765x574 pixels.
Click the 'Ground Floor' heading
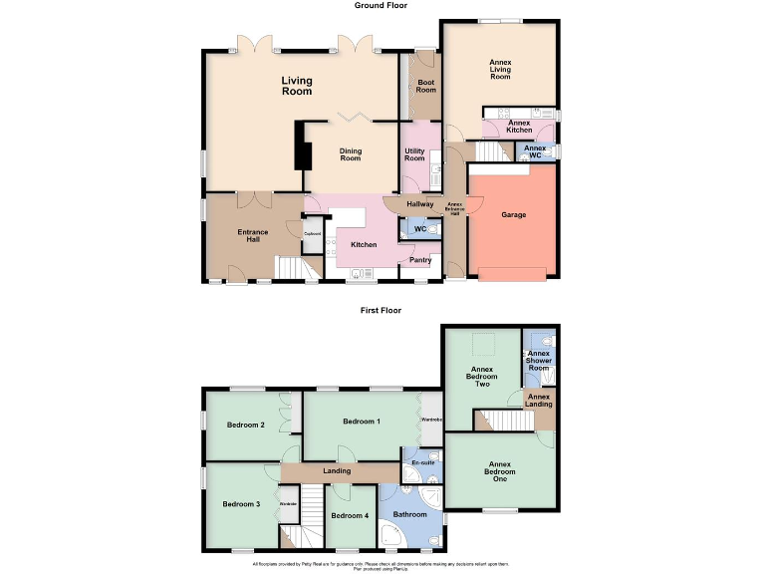[x=382, y=6]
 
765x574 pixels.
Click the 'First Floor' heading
[x=382, y=311]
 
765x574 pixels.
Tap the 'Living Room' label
[x=297, y=86]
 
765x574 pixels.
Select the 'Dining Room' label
[x=351, y=154]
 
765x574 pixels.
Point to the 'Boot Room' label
[x=426, y=86]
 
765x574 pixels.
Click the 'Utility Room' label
[x=414, y=154]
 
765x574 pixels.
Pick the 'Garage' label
[x=514, y=214]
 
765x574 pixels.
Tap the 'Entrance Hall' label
[x=253, y=236]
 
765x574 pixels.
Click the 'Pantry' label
[x=420, y=260]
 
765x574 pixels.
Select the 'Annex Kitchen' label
[x=520, y=127]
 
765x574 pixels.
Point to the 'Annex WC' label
[x=535, y=151]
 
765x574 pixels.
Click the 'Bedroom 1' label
[x=362, y=422]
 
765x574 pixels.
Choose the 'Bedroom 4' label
[x=350, y=515]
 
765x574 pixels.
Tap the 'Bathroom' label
[x=409, y=514]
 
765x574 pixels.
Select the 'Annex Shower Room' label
[x=539, y=361]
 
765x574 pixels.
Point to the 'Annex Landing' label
[x=539, y=401]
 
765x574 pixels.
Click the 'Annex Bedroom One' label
[x=500, y=471]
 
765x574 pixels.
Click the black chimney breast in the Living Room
[x=299, y=148]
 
